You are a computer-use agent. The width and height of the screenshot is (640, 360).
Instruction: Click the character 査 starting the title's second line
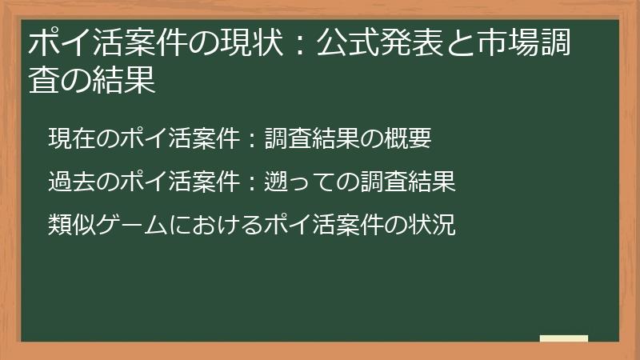point(42,80)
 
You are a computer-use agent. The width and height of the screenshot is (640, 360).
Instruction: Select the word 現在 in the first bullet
point(72,139)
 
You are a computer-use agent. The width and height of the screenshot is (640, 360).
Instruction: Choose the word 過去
point(72,182)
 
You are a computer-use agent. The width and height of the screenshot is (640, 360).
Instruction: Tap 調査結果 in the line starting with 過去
point(408,182)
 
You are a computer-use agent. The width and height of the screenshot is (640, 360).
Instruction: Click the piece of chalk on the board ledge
point(563,339)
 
